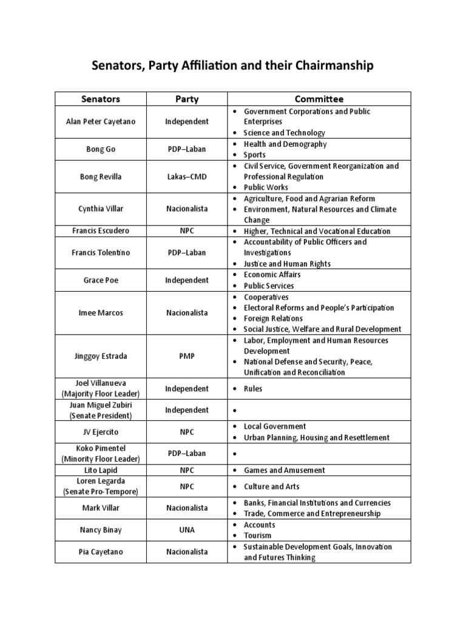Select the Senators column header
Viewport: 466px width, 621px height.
(101, 99)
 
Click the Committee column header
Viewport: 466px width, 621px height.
(319, 99)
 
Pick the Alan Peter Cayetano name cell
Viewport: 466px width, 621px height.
(101, 122)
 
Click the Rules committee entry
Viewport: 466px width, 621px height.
(253, 389)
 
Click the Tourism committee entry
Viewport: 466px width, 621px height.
(257, 535)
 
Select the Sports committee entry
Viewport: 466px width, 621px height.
(254, 155)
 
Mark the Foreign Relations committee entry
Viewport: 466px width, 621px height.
(273, 318)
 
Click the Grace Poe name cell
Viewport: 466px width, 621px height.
(101, 280)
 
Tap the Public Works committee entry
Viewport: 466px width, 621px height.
(266, 187)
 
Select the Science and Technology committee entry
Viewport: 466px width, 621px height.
(284, 133)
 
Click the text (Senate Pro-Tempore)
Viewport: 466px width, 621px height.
(101, 491)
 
